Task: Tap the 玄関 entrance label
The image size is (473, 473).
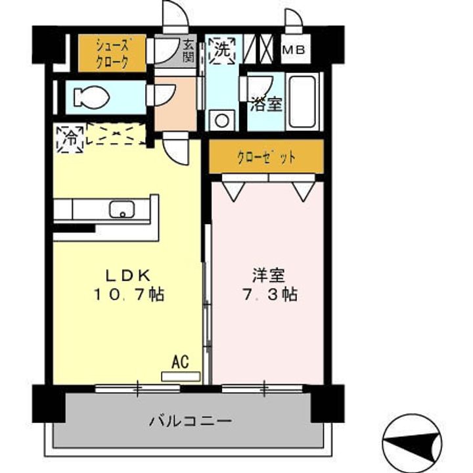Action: pos(189,55)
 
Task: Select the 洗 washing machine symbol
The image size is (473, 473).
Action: pos(222,50)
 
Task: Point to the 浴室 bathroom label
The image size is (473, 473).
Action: pos(267,104)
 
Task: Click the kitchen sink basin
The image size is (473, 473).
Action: pos(122,210)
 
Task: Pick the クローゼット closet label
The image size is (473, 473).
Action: pos(266,158)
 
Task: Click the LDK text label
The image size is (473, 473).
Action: pos(129,275)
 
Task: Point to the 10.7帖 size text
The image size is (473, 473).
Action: pos(129,295)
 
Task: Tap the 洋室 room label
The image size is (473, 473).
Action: pos(266,275)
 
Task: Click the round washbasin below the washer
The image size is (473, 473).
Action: pos(221,121)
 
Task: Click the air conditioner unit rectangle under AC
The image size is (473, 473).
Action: pos(180,376)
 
